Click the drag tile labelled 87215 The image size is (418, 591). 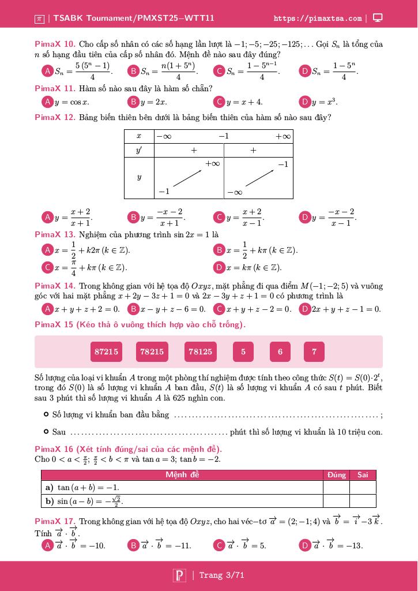coord(107,351)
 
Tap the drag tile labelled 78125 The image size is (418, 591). coord(200,351)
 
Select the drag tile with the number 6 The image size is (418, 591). coord(280,351)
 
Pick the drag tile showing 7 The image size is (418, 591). coord(314,351)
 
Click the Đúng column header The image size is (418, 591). coord(336,475)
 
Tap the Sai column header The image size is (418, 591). coord(363,475)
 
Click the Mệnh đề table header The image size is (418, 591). coord(182,475)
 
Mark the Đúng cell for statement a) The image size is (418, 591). coord(336,488)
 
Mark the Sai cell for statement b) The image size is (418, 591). coord(363,501)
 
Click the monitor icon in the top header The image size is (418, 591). coord(378,18)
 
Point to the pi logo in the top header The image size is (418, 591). coord(39,18)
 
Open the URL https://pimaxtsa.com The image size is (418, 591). coord(318,18)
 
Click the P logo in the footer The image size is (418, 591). coord(179,575)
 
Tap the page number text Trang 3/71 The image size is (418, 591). coord(221,575)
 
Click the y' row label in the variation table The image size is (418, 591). coord(139,150)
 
